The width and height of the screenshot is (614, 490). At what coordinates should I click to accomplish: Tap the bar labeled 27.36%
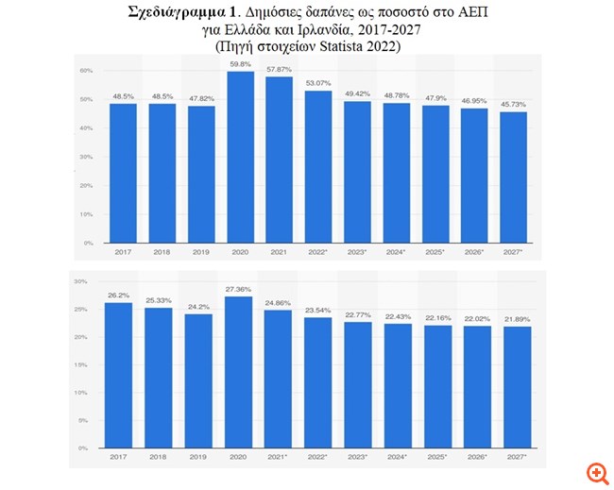pos(240,372)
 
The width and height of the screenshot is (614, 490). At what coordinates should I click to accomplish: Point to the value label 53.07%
pos(318,83)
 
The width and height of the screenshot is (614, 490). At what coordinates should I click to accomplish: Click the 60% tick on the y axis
pos(85,71)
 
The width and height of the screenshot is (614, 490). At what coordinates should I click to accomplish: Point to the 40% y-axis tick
pos(85,128)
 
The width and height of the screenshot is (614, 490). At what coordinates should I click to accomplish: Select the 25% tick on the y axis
pos(80,309)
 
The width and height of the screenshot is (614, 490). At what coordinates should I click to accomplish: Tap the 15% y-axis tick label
pos(80,364)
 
